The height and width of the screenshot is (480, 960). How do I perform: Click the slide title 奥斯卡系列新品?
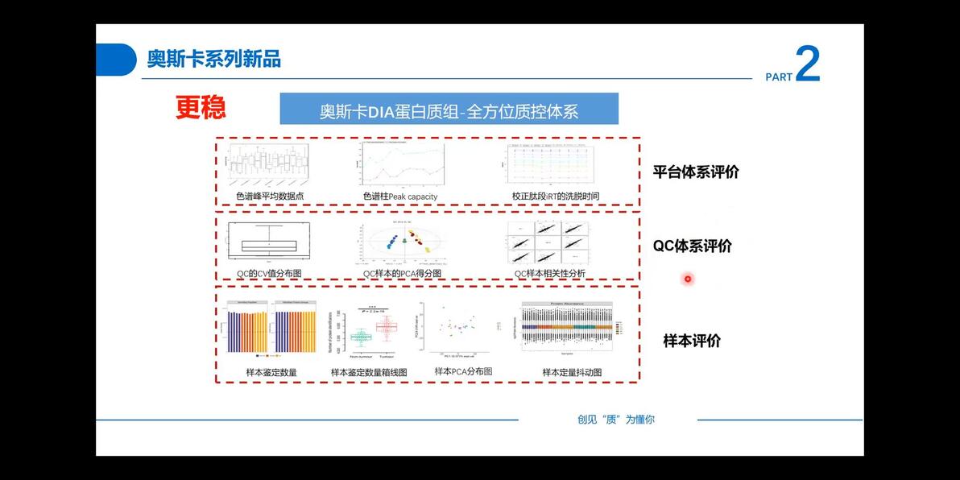[213, 59]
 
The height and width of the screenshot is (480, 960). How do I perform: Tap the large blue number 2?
[807, 64]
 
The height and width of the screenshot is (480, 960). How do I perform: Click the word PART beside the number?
[779, 77]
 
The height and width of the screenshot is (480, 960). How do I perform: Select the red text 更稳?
[201, 108]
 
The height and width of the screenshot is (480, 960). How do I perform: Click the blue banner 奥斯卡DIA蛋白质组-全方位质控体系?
[449, 110]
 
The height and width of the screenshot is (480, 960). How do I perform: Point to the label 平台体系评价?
[695, 172]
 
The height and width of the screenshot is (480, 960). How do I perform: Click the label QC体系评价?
[692, 246]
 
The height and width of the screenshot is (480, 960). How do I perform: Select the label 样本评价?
[692, 341]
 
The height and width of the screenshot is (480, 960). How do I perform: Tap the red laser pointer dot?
[688, 279]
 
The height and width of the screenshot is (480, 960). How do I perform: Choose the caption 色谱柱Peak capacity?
[400, 197]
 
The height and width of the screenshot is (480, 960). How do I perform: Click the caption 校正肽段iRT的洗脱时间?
[556, 196]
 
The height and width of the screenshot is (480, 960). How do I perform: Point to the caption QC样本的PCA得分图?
[402, 274]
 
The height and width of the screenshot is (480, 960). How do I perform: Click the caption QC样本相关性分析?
[550, 274]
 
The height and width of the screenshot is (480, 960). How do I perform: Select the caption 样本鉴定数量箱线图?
[369, 373]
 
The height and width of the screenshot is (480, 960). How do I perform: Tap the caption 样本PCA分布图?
[463, 371]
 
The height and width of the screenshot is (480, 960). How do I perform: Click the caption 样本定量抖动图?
[572, 372]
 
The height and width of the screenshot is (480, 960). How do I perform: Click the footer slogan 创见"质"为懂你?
[616, 420]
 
